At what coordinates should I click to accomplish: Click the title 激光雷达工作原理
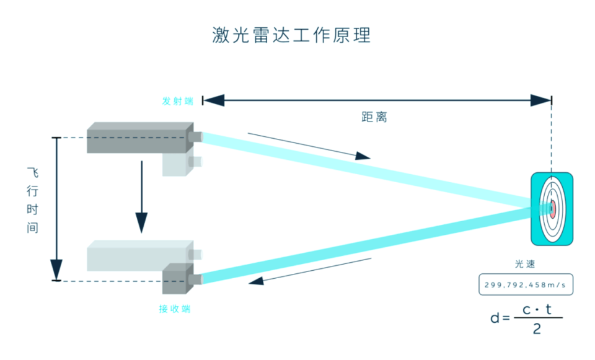tap(291, 35)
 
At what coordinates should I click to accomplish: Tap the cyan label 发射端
tap(177, 101)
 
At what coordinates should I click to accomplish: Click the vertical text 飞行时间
tap(33, 200)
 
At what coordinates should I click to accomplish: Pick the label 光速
tap(525, 265)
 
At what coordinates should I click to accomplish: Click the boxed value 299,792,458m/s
tap(526, 284)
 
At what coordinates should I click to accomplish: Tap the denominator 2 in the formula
tap(537, 329)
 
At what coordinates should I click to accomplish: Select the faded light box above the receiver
tap(138, 255)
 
